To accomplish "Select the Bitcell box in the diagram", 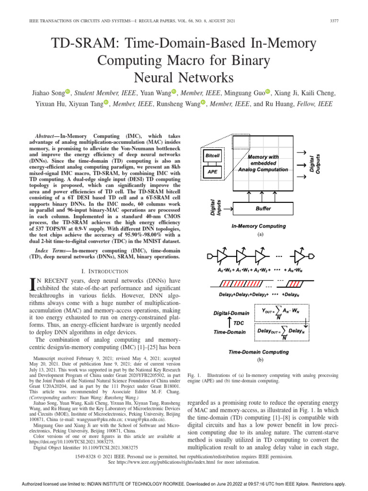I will [x=212, y=156].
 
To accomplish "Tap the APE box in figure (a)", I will [x=212, y=171].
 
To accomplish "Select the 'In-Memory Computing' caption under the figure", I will [x=258, y=226].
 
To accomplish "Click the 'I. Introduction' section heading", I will [x=99, y=271].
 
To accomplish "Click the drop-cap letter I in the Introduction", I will [x=33, y=285].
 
